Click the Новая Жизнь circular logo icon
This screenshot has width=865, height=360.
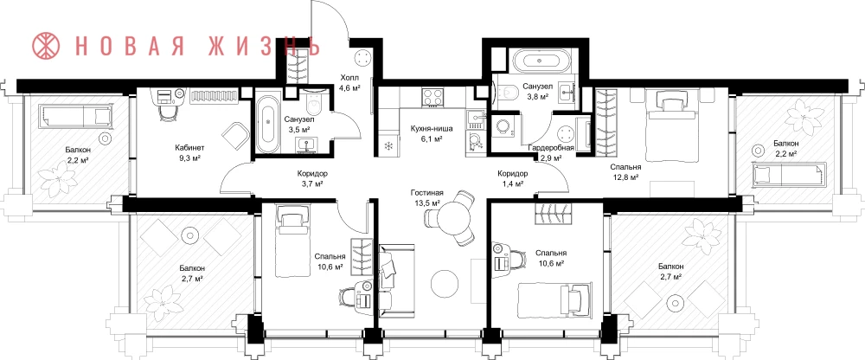click(46, 46)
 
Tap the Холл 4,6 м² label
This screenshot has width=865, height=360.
click(349, 82)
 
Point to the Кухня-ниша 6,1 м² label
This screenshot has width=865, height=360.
click(432, 134)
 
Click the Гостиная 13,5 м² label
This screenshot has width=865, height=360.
click(427, 197)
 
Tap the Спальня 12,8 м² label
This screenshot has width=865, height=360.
click(625, 171)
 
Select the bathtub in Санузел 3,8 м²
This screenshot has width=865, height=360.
click(537, 61)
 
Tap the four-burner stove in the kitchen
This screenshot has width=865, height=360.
click(433, 98)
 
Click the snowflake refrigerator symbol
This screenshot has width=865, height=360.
click(388, 146)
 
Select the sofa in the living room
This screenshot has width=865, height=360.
click(395, 281)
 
